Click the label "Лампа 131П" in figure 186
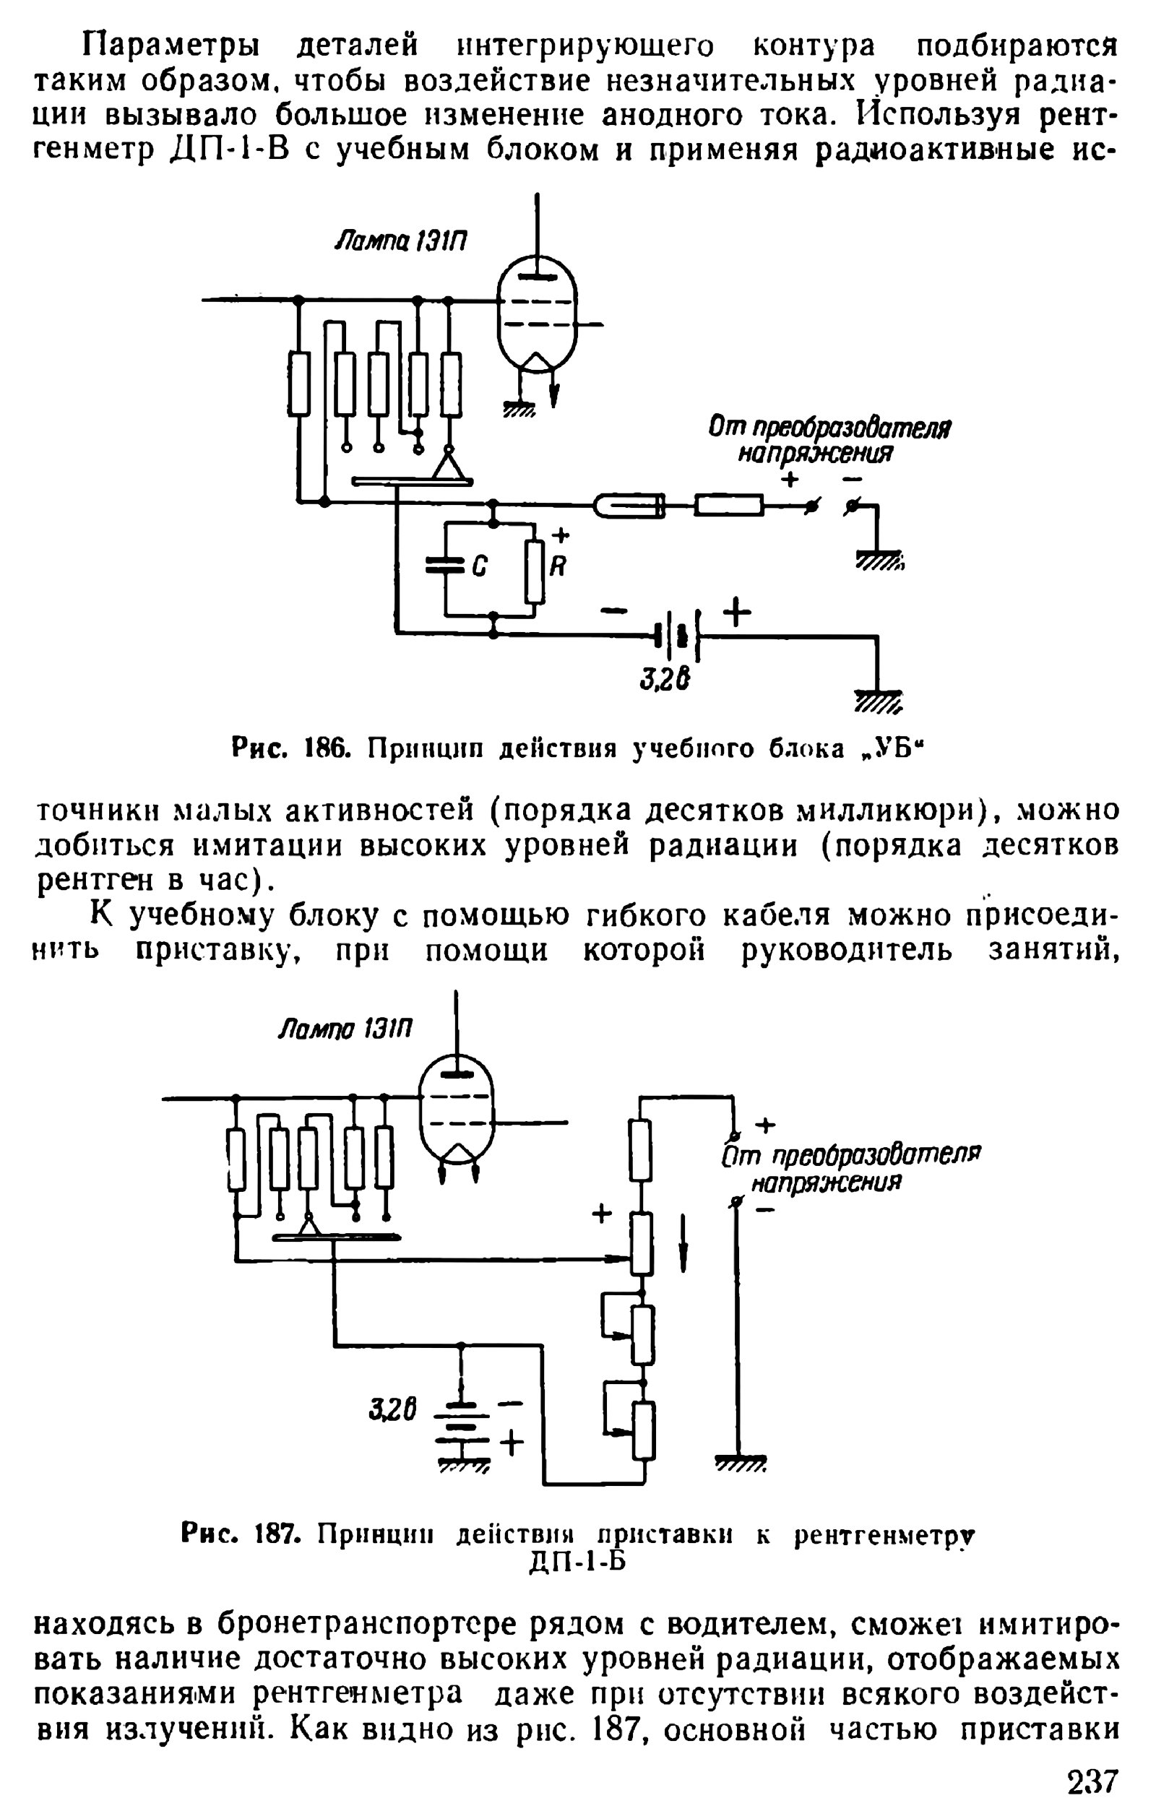(401, 241)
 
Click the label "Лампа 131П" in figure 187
(345, 1028)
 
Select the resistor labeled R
(535, 571)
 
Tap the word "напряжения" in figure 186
(814, 454)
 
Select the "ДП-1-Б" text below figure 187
(577, 1562)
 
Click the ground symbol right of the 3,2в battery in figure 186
(877, 701)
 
